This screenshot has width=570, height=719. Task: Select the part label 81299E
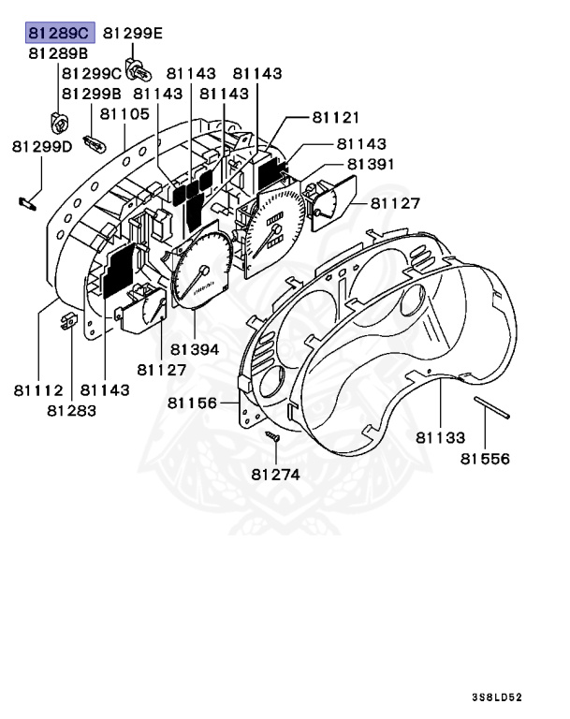point(132,34)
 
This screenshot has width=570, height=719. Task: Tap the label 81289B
point(58,53)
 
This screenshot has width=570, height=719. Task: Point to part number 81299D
point(42,146)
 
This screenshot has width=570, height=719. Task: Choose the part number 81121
point(335,117)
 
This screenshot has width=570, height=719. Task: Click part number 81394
point(195,349)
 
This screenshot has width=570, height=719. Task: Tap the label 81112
point(37,389)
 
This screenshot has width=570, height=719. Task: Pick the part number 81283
point(72,410)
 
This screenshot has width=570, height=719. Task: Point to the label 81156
point(193,404)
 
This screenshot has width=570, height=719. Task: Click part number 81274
point(275,475)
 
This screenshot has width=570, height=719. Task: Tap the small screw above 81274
point(272,438)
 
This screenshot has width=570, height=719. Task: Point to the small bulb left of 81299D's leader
point(27,199)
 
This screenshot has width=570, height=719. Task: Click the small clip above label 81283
point(68,321)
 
